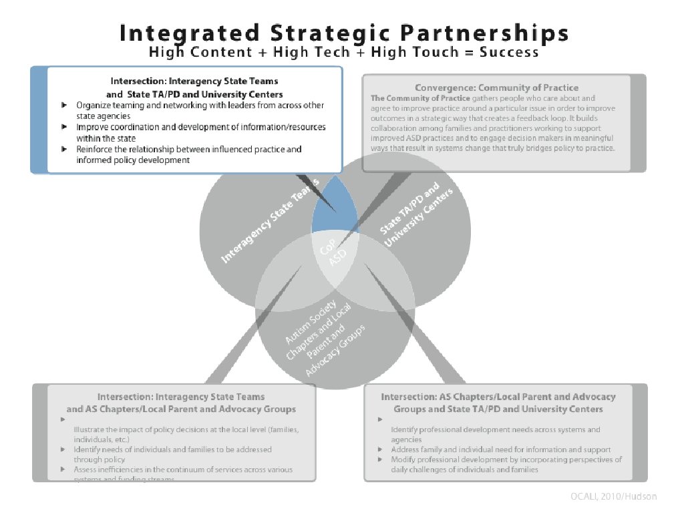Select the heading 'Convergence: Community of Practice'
pos(496,88)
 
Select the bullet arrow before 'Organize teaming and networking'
pos(63,106)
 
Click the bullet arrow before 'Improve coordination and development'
pos(63,126)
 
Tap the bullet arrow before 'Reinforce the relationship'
pos(63,148)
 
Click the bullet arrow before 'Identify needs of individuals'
pos(63,450)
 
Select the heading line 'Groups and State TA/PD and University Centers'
pos(498,409)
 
